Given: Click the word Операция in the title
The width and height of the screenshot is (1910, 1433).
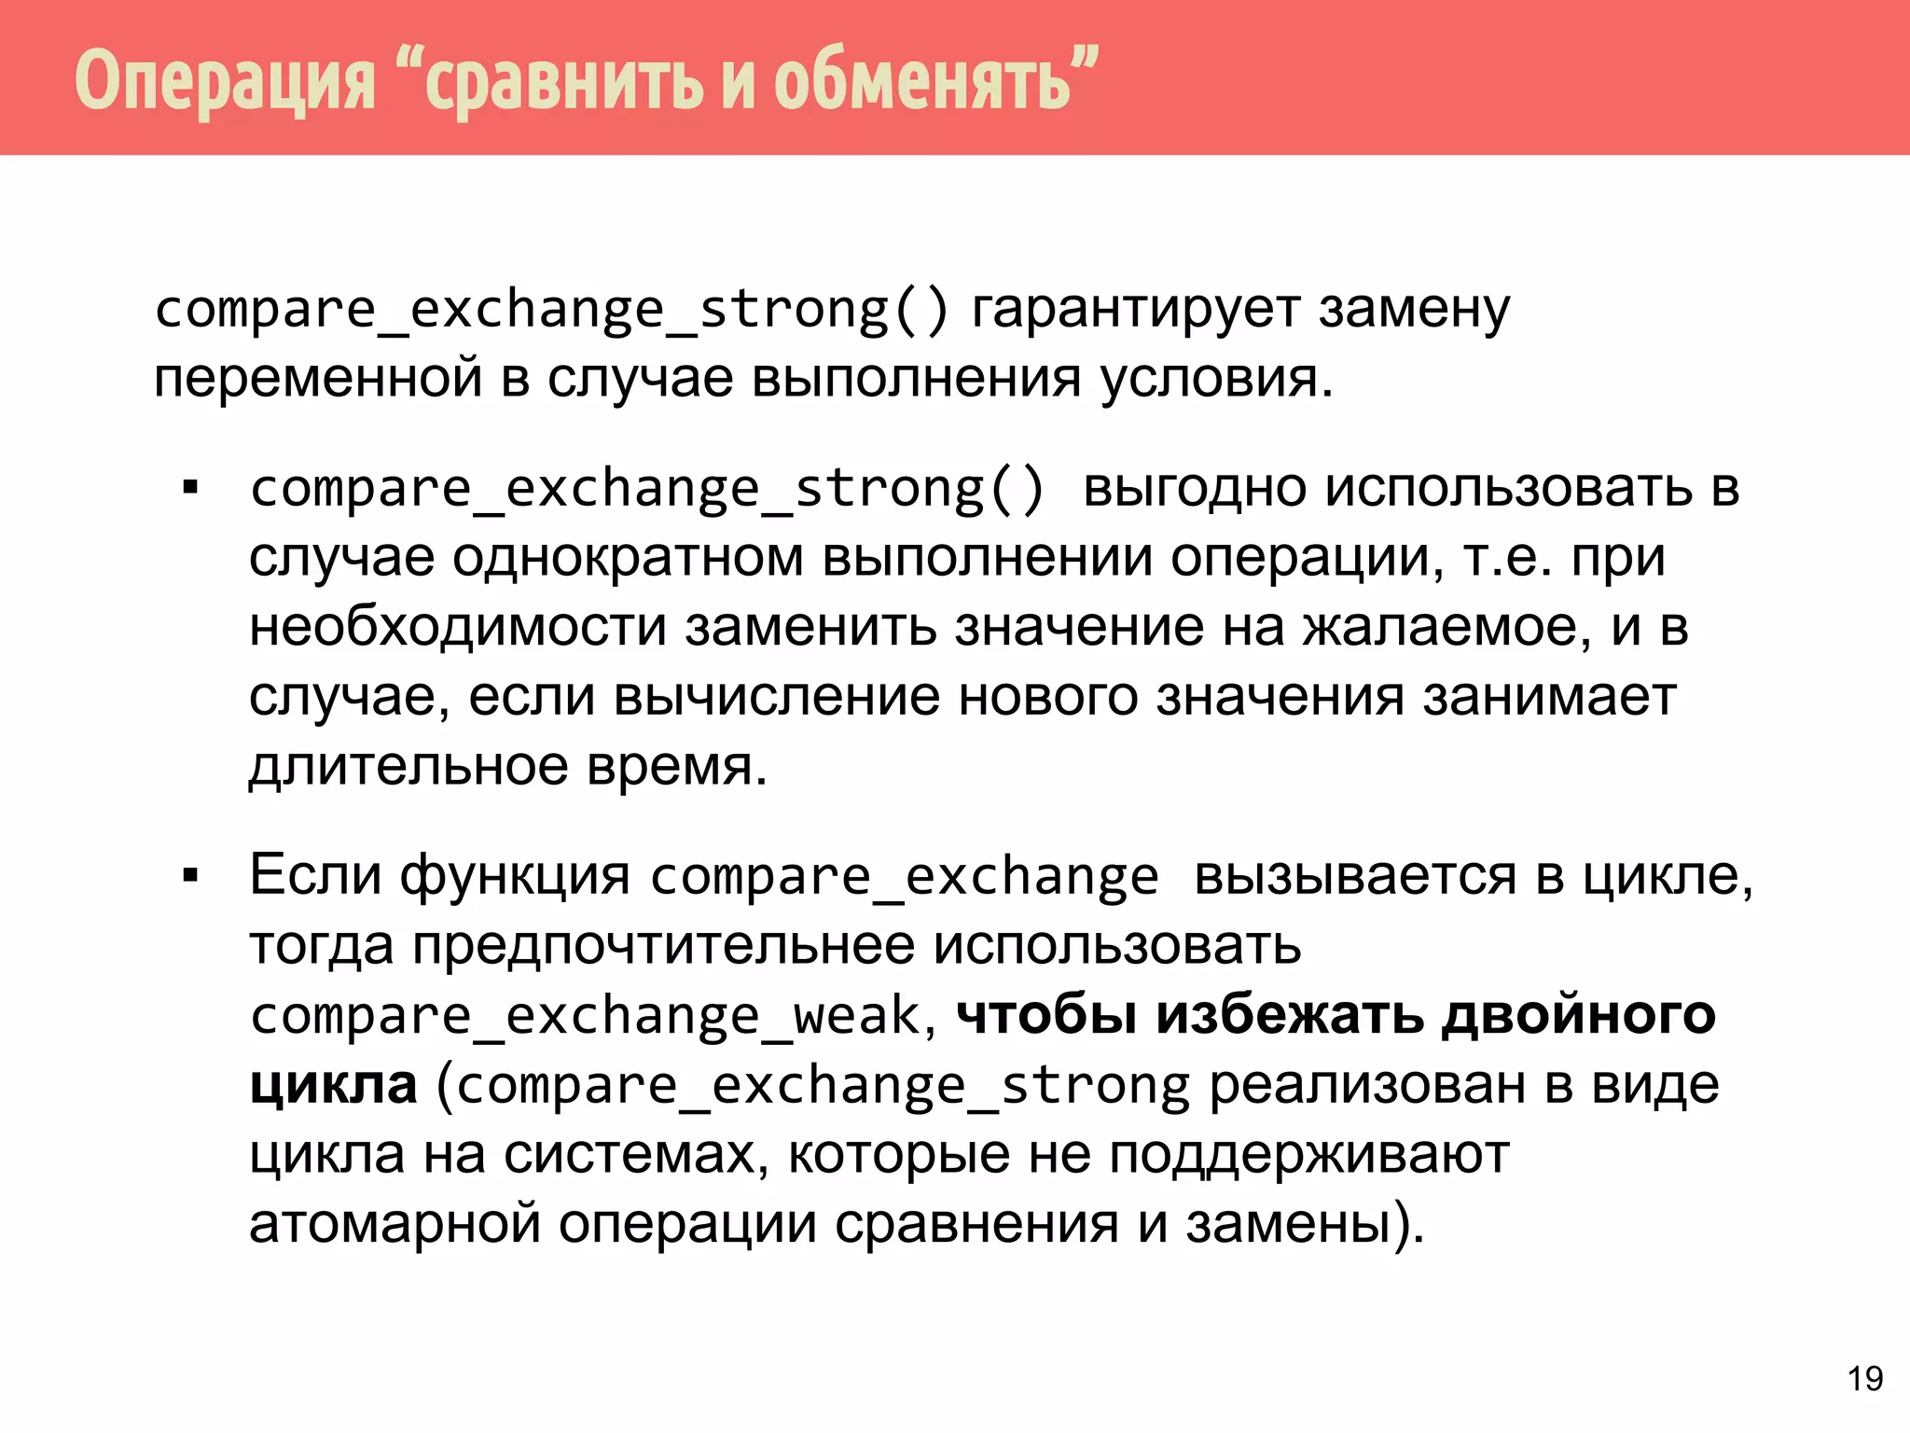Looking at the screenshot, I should coord(225,80).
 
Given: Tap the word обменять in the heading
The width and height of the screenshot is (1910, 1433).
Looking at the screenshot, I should coord(922,80).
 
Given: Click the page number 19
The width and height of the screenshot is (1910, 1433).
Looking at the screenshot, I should coord(1865,1379).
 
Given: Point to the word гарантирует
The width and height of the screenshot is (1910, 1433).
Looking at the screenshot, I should coord(1136,310).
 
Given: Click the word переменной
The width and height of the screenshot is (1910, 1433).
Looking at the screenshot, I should coord(318,379).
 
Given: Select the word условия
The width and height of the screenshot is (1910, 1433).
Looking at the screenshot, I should coord(1216,379).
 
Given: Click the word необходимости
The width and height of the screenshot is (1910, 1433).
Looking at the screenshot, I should coord(458,627).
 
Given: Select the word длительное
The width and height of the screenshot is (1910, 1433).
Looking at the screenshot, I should coord(408,767).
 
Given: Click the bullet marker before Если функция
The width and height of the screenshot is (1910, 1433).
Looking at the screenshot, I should coord(191,877).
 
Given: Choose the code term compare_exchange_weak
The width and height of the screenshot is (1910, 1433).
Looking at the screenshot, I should coord(586,1016).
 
